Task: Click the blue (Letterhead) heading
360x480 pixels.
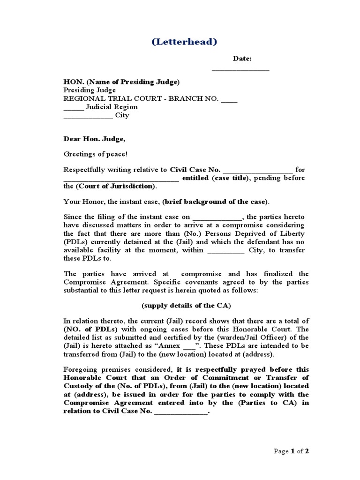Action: (184, 42)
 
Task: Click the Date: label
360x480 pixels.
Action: (242, 59)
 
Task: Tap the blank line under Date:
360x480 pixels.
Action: (240, 69)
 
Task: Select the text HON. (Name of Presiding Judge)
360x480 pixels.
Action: (121, 82)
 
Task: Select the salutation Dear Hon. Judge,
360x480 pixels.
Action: (94, 139)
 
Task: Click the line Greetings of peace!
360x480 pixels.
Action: (95, 154)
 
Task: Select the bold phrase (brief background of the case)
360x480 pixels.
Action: (215, 202)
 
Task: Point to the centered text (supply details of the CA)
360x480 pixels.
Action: (186, 306)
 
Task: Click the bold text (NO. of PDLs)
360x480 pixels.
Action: (85, 329)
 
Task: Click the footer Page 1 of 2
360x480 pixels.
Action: (291, 451)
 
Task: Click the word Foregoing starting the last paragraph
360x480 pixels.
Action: (80, 369)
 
